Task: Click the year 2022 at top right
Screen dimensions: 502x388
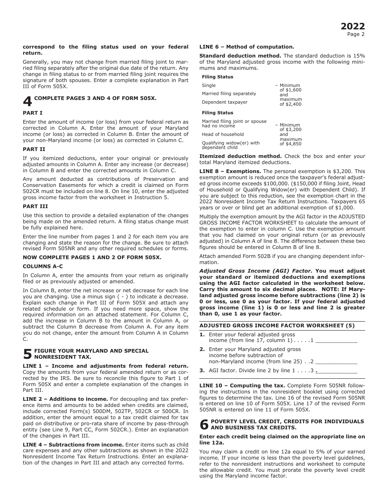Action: pyautogui.click(x=352, y=27)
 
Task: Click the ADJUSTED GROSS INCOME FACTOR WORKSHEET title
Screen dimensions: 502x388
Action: pyautogui.click(x=277, y=326)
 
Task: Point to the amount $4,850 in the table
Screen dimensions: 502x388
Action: pyautogui.click(x=290, y=144)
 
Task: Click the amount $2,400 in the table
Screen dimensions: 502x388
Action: pyautogui.click(x=290, y=104)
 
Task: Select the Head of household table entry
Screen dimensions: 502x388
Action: pyautogui.click(x=223, y=134)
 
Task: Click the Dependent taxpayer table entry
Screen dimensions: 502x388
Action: pyautogui.click(x=225, y=102)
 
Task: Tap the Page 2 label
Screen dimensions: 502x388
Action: pyautogui.click(x=356, y=34)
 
